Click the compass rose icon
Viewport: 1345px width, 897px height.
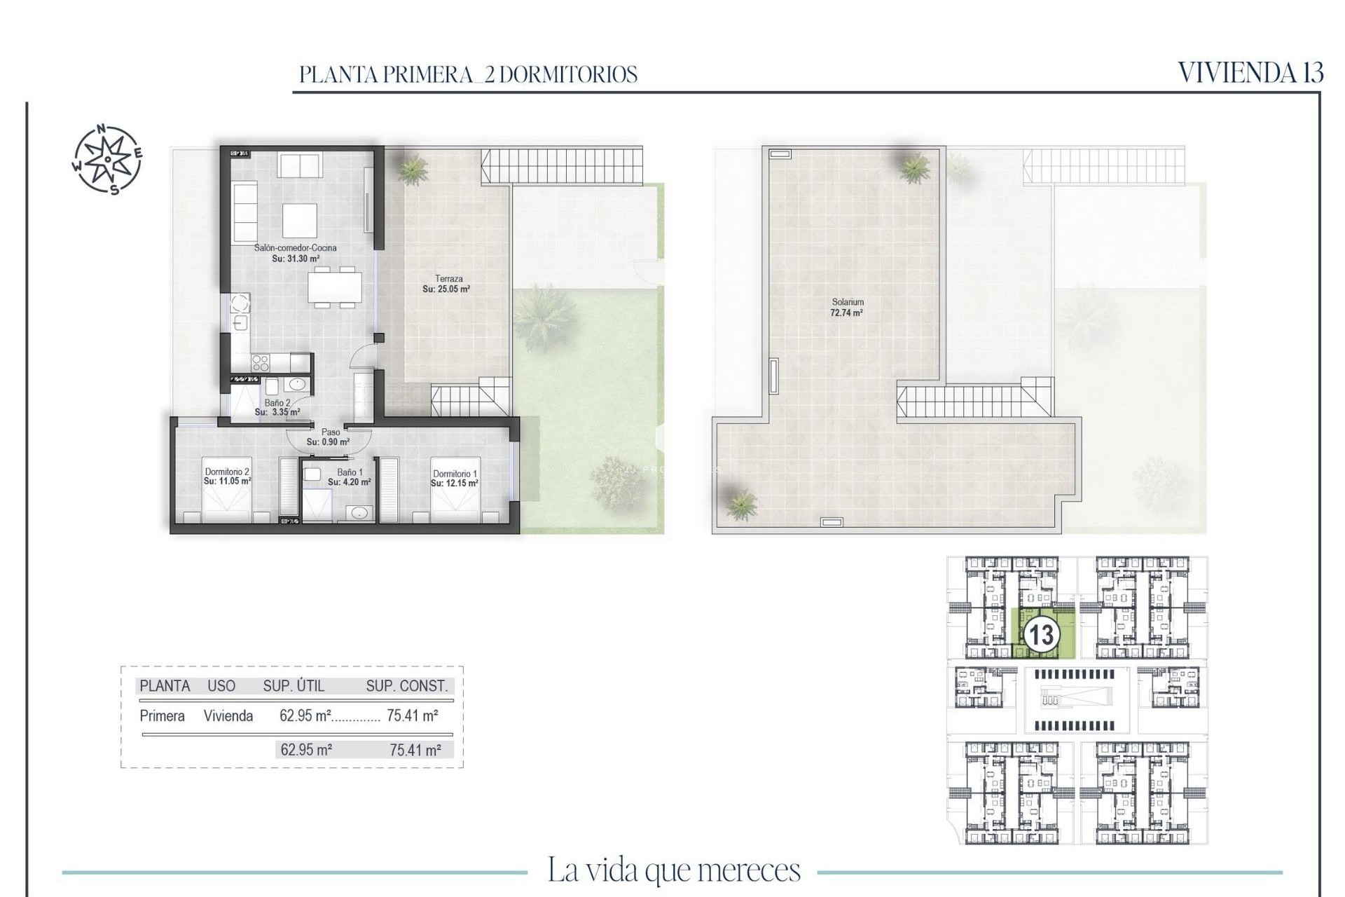(x=107, y=159)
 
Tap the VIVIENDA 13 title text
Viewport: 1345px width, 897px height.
(x=1250, y=73)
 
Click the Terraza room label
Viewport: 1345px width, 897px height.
(x=448, y=279)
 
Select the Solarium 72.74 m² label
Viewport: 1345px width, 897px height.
(x=847, y=308)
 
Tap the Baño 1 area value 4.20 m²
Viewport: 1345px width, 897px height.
(x=349, y=482)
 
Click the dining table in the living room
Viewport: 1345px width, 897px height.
(x=335, y=287)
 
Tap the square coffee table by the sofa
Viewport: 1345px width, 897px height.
(x=300, y=220)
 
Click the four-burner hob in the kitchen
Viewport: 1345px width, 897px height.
(x=261, y=362)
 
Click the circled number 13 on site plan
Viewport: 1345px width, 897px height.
(x=1041, y=635)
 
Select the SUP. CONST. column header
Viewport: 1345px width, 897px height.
(x=406, y=686)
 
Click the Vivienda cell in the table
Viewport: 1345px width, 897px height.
(x=228, y=715)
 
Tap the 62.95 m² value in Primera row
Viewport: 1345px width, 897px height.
(x=305, y=715)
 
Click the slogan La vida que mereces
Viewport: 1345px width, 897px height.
(x=673, y=870)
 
